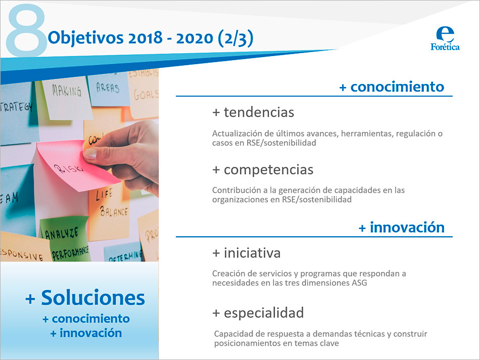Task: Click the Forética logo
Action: (x=445, y=39)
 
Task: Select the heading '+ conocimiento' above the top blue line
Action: (x=392, y=87)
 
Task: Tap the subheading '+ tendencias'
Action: (x=253, y=112)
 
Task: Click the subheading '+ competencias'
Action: (x=263, y=169)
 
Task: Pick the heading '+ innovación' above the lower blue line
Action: (x=402, y=228)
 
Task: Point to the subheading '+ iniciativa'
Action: (x=246, y=252)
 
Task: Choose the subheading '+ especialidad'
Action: (x=258, y=313)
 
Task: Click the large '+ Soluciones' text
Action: (x=85, y=298)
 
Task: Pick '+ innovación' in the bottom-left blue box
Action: (x=86, y=333)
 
